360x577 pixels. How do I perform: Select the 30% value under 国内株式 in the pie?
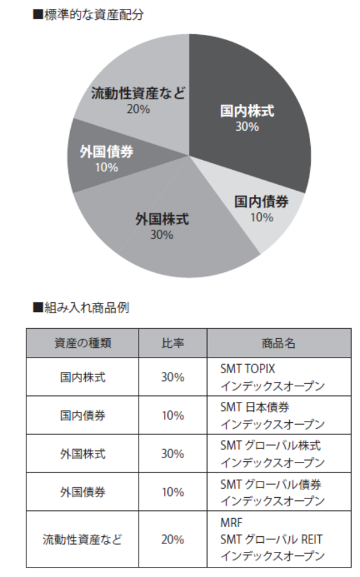[247, 127]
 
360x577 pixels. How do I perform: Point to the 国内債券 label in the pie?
[261, 202]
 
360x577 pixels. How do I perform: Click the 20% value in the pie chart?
[139, 109]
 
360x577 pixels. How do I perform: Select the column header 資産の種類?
[82, 343]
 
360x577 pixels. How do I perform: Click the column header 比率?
[173, 343]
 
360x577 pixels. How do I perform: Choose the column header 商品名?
[278, 343]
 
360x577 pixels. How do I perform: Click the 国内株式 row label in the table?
[82, 377]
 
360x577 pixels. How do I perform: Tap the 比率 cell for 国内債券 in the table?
[173, 415]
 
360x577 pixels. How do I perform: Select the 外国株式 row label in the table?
[82, 453]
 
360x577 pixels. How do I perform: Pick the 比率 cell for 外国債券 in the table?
[173, 492]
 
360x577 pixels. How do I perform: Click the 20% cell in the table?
[173, 539]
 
